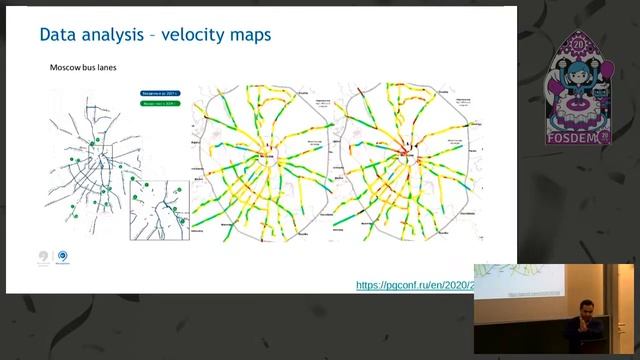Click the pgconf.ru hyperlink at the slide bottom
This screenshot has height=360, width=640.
click(415, 285)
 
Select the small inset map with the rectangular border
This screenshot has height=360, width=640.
click(159, 209)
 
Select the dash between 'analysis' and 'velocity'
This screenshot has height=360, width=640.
click(153, 36)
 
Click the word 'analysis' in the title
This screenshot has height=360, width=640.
click(114, 36)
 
